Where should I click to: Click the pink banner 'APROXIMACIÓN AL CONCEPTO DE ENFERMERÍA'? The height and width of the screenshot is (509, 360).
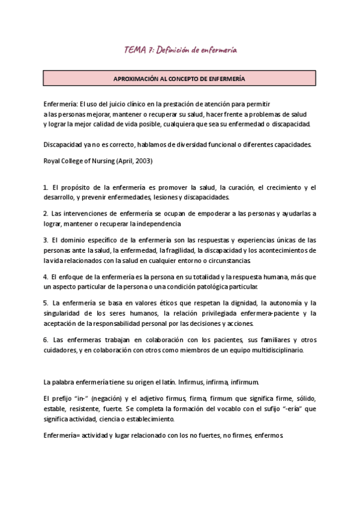point(179,78)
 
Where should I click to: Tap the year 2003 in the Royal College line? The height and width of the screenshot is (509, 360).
point(142,161)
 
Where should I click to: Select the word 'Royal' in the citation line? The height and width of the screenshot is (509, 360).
point(53,161)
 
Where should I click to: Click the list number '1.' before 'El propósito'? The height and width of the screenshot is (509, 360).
point(46,188)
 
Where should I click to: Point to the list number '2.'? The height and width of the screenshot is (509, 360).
point(46,214)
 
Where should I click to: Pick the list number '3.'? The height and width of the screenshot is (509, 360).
point(46,240)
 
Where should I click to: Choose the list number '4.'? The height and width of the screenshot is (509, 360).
point(46,277)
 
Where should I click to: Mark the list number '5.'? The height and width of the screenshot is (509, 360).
point(46,303)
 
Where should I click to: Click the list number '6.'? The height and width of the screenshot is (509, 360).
point(46,340)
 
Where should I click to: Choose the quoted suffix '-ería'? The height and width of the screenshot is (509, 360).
point(288,409)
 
